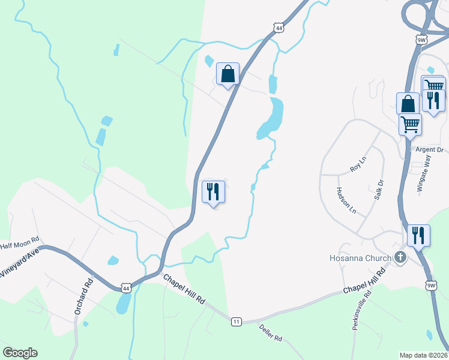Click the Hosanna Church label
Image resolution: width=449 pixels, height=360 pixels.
point(360,258)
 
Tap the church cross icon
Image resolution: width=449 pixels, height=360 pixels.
point(400,258)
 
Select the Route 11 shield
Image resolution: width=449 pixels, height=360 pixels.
point(237,322)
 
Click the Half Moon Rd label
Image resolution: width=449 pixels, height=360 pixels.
point(19,245)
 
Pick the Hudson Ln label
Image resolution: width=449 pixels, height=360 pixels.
point(348,200)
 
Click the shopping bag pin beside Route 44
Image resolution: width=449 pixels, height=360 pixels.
point(228,75)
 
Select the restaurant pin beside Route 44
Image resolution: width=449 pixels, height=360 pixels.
point(213,192)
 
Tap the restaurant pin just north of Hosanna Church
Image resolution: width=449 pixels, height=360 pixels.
point(418,235)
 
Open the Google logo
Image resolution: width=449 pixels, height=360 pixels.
point(20,353)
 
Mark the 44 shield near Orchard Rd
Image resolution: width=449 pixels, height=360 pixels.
point(125,287)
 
